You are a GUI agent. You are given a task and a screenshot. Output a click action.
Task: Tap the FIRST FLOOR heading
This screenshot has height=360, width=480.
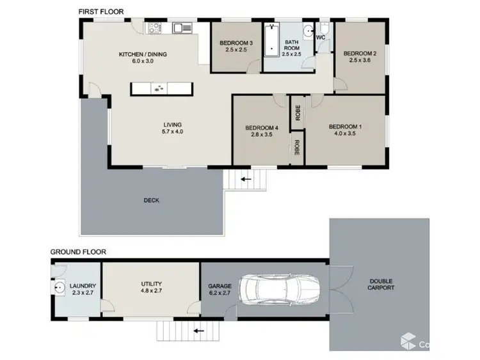pos(101,12)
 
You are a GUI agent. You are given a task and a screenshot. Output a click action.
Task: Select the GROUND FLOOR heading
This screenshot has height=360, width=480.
pos(78,252)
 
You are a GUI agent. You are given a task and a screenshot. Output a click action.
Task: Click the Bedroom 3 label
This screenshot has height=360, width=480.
pos(236,43)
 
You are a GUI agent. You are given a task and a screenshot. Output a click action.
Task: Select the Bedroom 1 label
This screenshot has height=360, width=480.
pos(345,127)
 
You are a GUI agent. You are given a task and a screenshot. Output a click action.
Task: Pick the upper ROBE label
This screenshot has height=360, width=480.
pos(298,113)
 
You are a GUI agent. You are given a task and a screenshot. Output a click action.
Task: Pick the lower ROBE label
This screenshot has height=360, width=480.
pos(298,148)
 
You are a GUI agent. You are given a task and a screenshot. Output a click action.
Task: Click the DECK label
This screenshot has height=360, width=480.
pos(151,200)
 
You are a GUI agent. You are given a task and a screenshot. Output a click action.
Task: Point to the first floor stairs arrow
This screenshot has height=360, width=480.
pos(246,180)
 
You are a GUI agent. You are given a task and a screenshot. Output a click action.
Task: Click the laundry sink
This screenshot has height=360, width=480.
pos(59,287)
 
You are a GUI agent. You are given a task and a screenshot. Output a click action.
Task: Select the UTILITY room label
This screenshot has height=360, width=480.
pos(151,284)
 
